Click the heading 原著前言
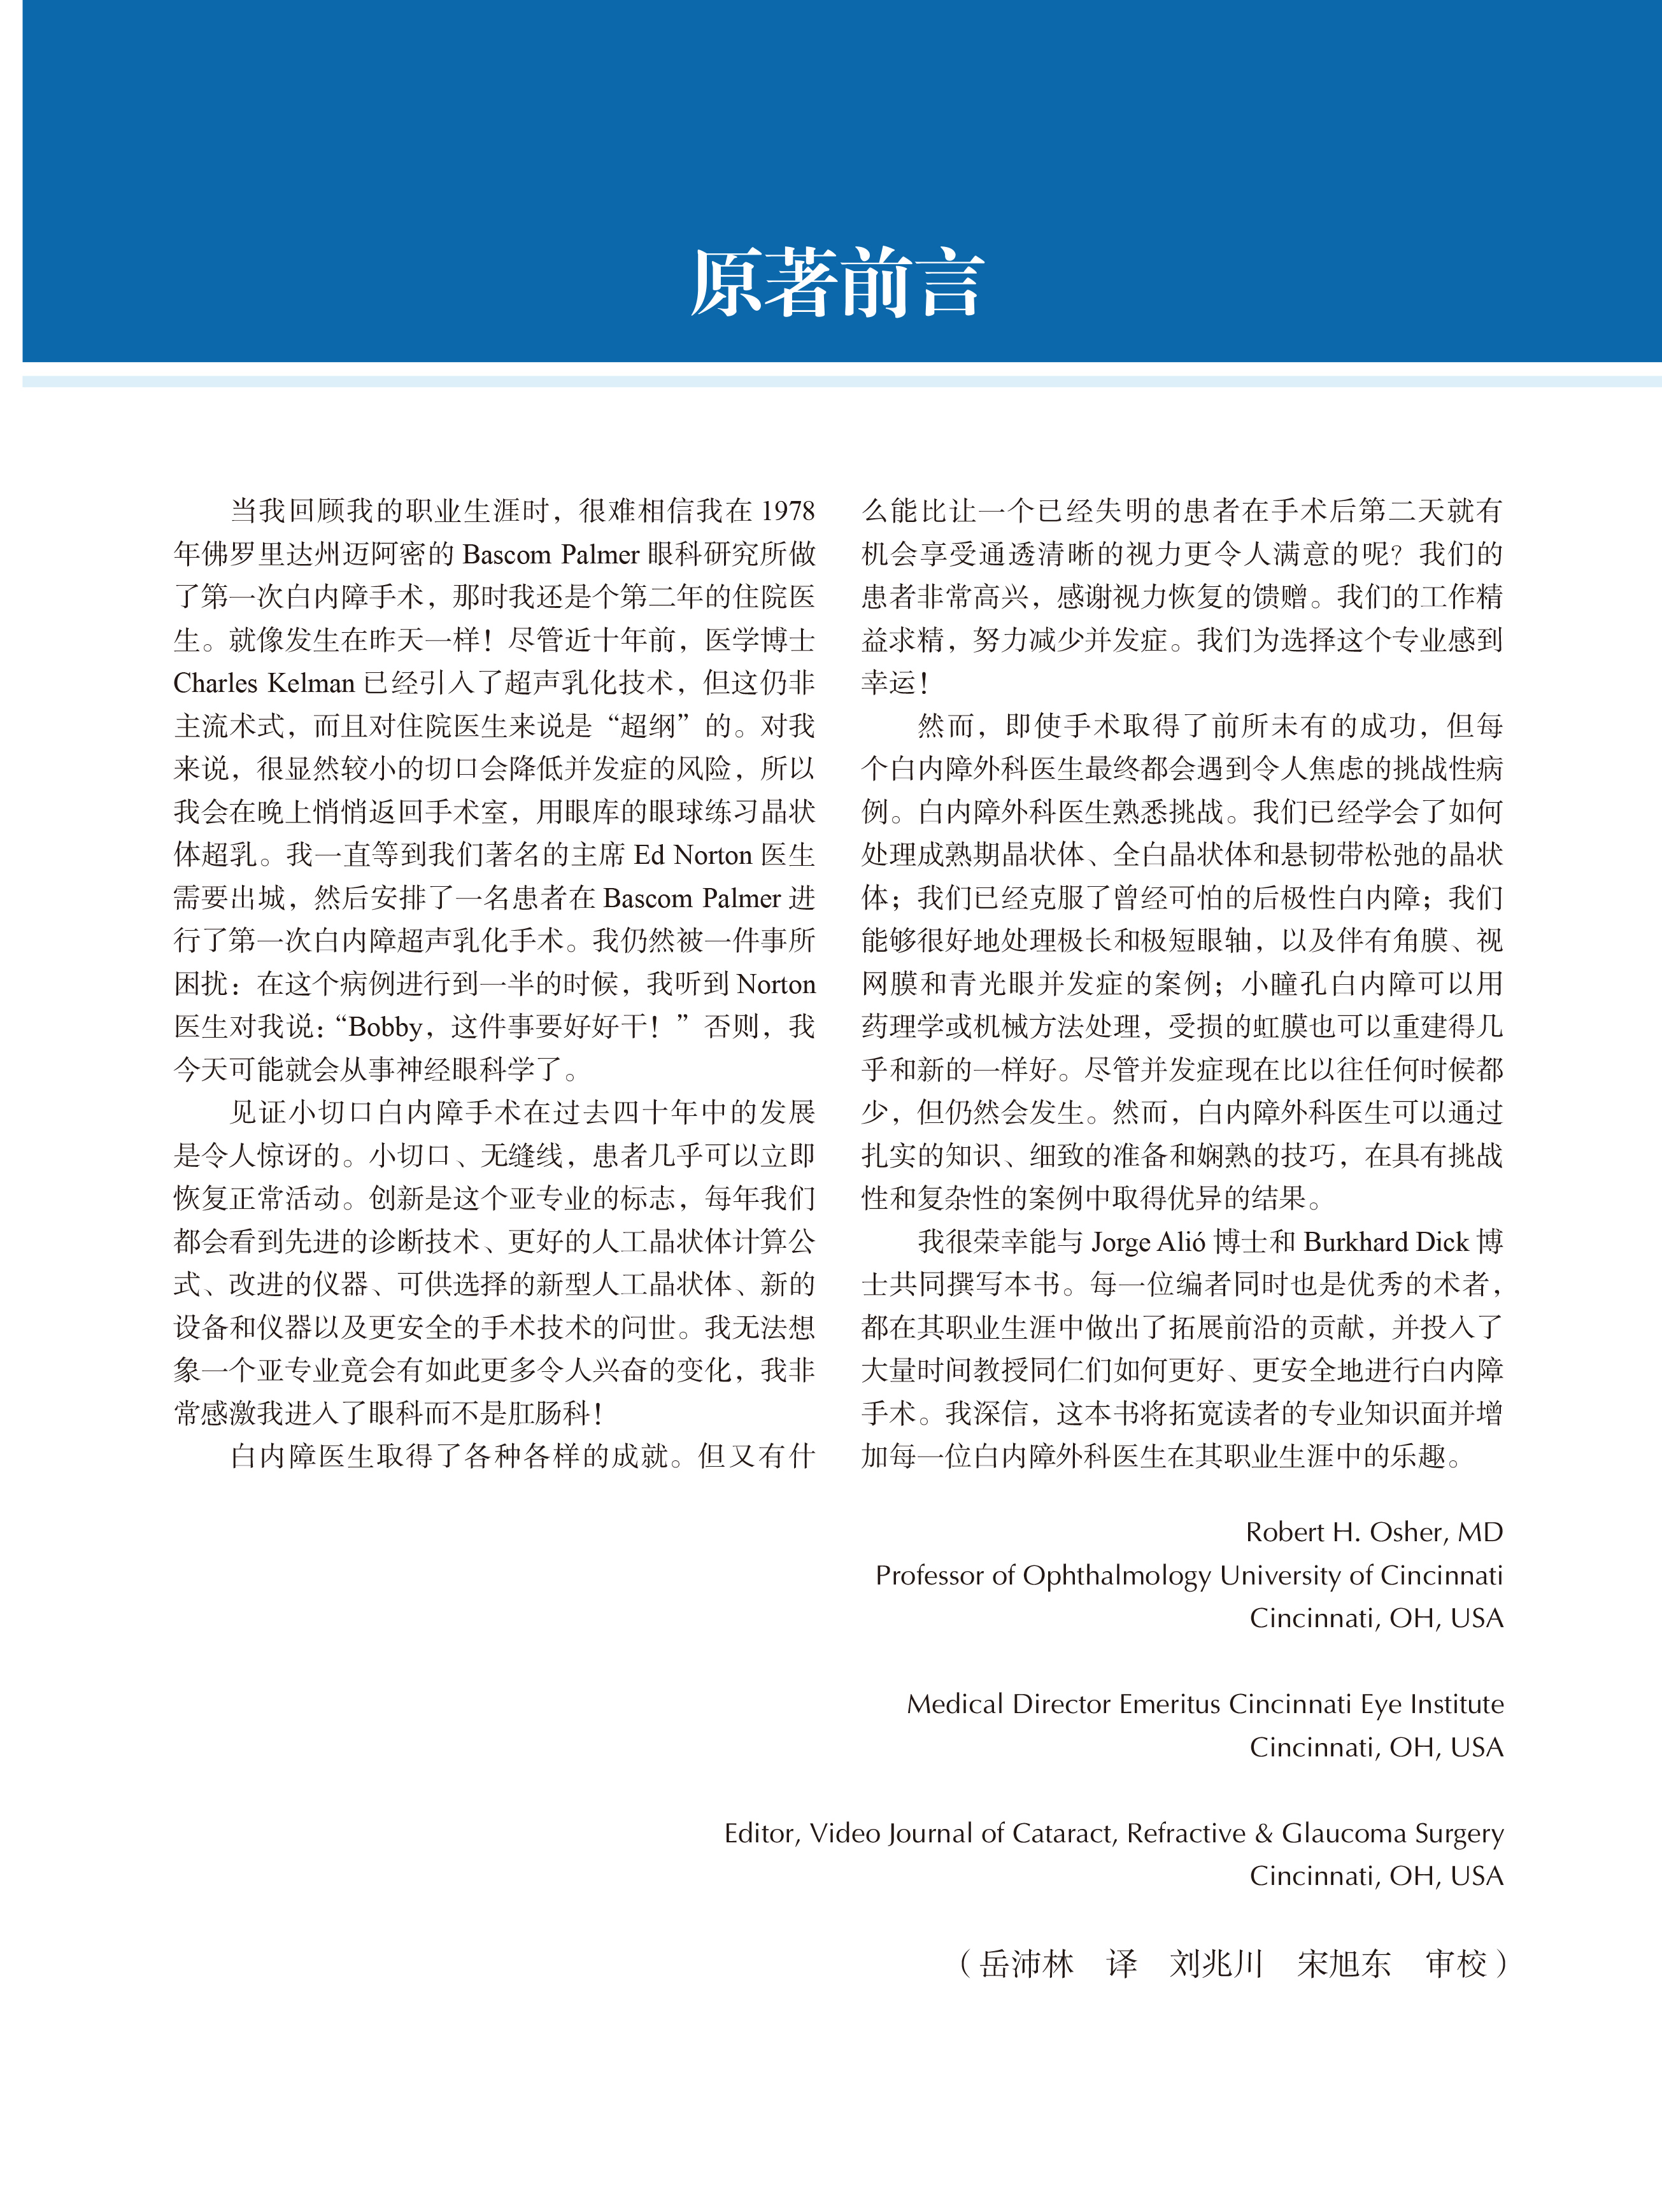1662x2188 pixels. point(837,285)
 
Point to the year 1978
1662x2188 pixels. point(788,511)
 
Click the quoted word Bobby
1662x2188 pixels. point(387,1027)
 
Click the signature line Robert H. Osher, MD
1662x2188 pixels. point(1374,1532)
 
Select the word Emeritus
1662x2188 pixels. point(1170,1704)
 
